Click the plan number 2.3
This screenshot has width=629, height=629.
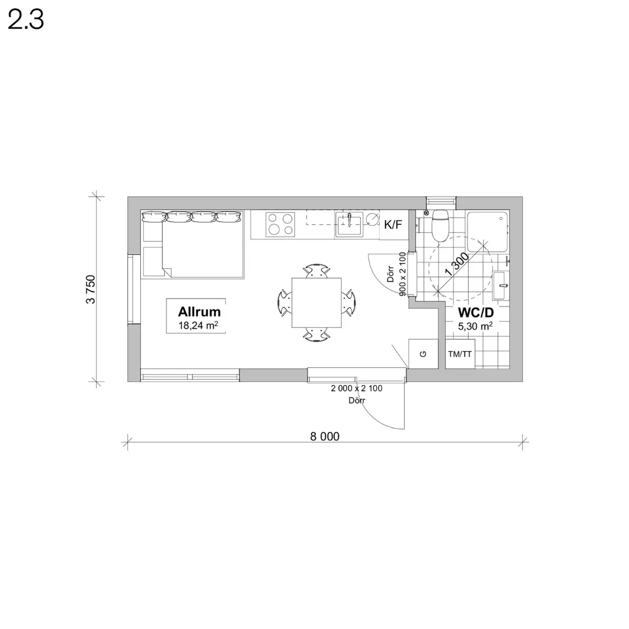tap(26, 20)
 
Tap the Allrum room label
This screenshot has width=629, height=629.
tap(200, 311)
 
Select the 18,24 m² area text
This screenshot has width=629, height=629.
tap(198, 325)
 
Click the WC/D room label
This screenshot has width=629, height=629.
tap(476, 313)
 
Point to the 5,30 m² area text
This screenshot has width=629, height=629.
tap(475, 327)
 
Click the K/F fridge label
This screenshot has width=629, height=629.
tap(393, 225)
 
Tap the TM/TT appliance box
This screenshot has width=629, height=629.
tap(460, 354)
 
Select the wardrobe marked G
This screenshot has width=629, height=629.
tap(423, 353)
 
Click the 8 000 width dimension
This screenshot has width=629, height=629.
tap(325, 437)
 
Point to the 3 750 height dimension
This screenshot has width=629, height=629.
tap(91, 289)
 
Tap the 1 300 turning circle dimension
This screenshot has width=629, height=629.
tap(457, 264)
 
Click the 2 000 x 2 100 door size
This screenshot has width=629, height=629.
tap(357, 389)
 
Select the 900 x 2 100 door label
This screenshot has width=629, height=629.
tap(403, 275)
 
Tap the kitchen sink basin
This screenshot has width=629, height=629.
tap(349, 225)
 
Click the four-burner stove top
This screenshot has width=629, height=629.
tap(281, 224)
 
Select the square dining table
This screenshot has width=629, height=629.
tap(316, 303)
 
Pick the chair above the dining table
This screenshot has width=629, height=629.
tap(316, 271)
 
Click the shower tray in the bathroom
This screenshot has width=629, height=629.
tap(488, 232)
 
